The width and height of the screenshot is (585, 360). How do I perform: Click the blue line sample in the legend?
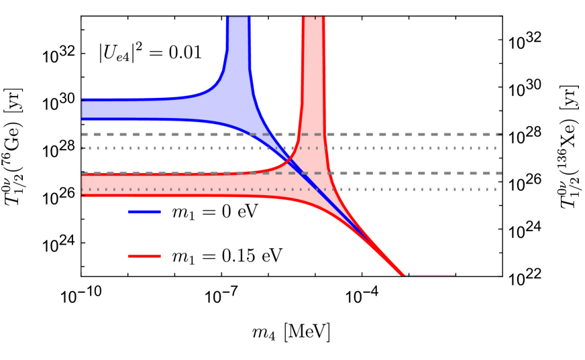pyautogui.click(x=144, y=212)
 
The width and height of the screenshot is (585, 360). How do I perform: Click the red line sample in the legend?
pyautogui.click(x=144, y=256)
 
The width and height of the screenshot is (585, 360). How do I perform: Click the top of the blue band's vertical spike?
pyautogui.click(x=238, y=19)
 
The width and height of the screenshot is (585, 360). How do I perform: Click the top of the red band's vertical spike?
pyautogui.click(x=313, y=19)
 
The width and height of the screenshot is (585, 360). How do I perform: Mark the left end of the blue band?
pyautogui.click(x=83, y=109)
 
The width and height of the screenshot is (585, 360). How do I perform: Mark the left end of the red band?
pyautogui.click(x=83, y=184)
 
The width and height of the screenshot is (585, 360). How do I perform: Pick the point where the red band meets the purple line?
pyautogui.click(x=405, y=275)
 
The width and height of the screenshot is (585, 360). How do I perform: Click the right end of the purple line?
pyautogui.click(x=454, y=275)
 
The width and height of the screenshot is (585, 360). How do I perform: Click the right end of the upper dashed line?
pyautogui.click(x=500, y=134)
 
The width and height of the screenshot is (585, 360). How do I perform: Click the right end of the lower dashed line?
pyautogui.click(x=500, y=173)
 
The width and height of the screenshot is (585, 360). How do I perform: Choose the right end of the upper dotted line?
pyautogui.click(x=496, y=148)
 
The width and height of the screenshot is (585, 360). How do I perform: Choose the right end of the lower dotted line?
pyautogui.click(x=496, y=190)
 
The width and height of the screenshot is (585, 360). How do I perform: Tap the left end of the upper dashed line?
pyautogui.click(x=83, y=134)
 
